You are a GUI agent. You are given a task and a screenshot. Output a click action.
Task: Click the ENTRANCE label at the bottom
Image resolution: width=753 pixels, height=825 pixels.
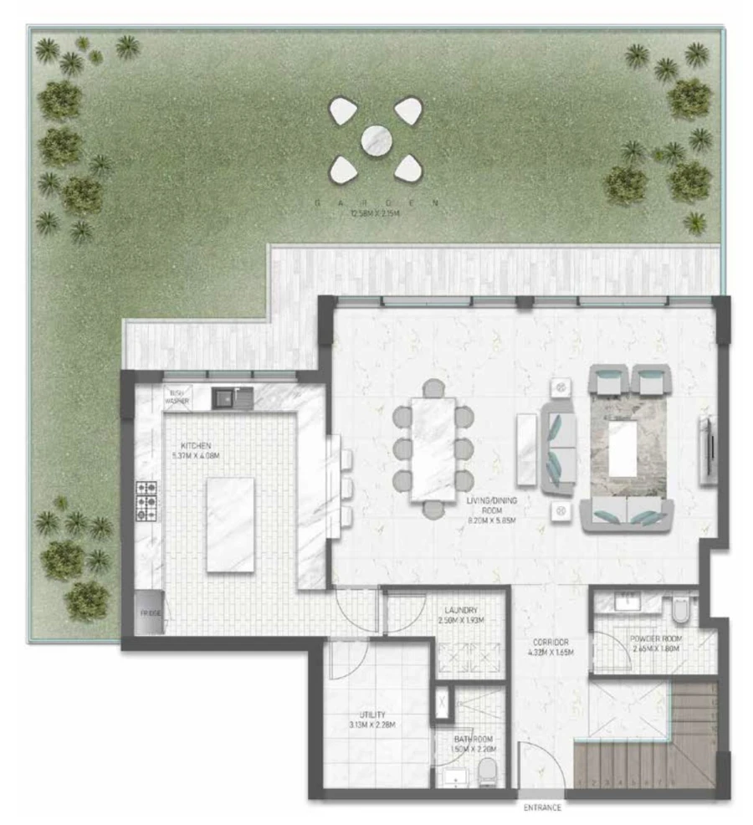pyautogui.click(x=542, y=808)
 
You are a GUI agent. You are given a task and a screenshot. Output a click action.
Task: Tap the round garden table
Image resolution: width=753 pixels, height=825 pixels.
pyautogui.click(x=376, y=139)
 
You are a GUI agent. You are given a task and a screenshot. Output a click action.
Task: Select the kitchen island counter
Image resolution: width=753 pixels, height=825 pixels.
pyautogui.click(x=230, y=525)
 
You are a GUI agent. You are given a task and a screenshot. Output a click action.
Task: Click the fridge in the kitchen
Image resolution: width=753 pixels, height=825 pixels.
pyautogui.click(x=150, y=613)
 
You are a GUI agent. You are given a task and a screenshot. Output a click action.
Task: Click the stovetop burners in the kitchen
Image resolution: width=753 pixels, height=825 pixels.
pyautogui.click(x=147, y=500)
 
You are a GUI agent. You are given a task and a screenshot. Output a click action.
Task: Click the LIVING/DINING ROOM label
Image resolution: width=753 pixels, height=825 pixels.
pyautogui.click(x=484, y=507)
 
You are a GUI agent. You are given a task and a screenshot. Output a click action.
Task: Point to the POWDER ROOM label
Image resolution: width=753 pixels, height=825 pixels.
pyautogui.click(x=657, y=638)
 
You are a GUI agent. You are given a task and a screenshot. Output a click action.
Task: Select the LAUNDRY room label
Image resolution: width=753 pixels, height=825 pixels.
pyautogui.click(x=461, y=612)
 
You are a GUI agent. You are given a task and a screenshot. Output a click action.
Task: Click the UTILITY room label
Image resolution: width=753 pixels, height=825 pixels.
pyautogui.click(x=374, y=715)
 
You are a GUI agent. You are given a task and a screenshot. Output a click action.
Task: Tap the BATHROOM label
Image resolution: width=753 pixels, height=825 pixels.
pyautogui.click(x=474, y=740)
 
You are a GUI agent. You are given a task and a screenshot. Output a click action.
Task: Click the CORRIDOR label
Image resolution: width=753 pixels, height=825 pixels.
pyautogui.click(x=549, y=643)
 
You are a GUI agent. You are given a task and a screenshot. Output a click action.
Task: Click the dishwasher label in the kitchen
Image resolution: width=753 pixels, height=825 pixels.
pyautogui.click(x=177, y=397)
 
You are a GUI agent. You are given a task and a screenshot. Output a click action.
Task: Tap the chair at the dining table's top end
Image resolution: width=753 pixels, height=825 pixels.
pyautogui.click(x=433, y=387)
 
